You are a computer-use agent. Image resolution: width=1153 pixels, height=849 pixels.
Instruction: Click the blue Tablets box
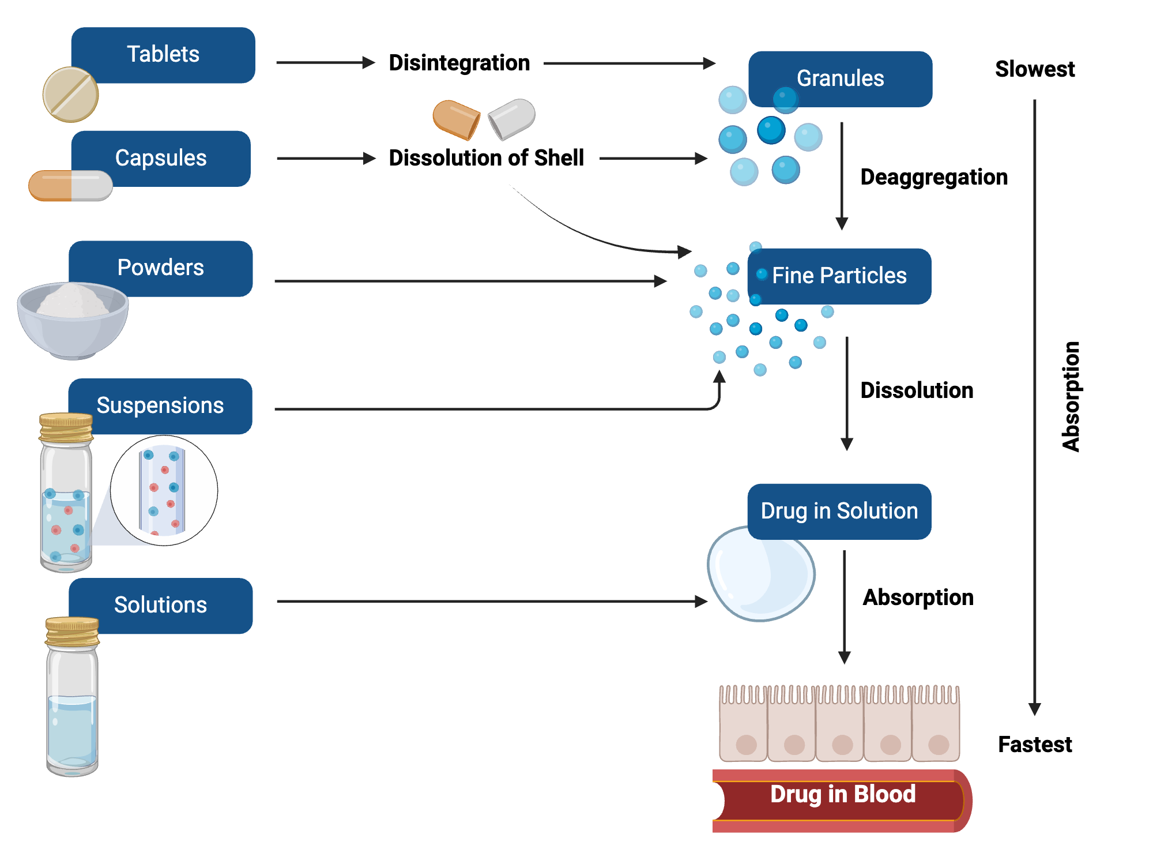(163, 55)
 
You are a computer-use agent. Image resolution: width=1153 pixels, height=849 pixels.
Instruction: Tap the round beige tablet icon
(70, 95)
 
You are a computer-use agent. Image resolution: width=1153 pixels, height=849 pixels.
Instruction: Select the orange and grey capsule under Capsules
(70, 185)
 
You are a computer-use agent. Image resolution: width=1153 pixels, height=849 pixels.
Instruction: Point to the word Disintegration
(459, 63)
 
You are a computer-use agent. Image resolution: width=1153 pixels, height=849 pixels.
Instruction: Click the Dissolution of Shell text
(486, 157)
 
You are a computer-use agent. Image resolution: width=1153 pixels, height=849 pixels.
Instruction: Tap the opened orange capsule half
(455, 119)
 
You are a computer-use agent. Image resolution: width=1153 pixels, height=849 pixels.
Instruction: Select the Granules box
(840, 78)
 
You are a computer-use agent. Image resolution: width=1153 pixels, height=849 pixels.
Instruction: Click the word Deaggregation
(933, 177)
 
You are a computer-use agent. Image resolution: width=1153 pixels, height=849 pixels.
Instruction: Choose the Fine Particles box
(839, 276)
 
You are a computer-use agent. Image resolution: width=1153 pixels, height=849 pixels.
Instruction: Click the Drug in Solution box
(839, 511)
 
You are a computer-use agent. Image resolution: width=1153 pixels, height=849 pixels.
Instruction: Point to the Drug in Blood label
(842, 794)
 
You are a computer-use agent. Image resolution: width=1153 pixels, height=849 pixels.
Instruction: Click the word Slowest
(1034, 69)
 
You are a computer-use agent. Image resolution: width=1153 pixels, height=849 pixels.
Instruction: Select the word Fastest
(1034, 745)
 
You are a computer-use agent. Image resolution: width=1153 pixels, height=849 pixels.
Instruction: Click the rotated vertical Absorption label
(1071, 396)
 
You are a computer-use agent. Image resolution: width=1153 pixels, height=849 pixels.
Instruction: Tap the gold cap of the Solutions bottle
(72, 632)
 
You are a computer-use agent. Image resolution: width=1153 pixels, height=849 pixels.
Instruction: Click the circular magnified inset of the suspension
(164, 490)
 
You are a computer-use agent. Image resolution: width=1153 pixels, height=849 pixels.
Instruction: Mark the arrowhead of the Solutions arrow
(701, 602)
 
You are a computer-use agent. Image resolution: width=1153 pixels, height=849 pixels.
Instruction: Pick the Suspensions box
(160, 405)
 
